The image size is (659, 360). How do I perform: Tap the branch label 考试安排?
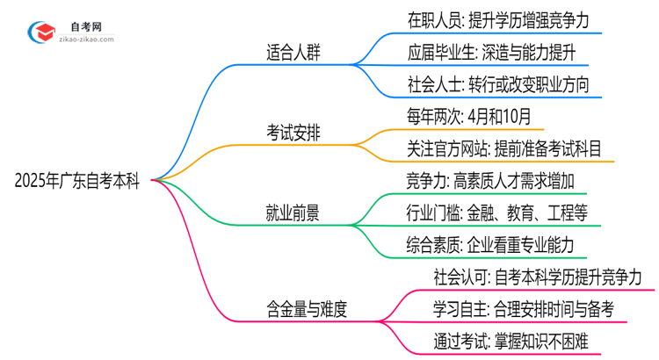point(294,133)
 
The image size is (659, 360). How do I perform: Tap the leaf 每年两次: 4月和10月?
point(469,116)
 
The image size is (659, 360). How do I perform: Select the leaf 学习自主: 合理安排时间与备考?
point(523,308)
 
